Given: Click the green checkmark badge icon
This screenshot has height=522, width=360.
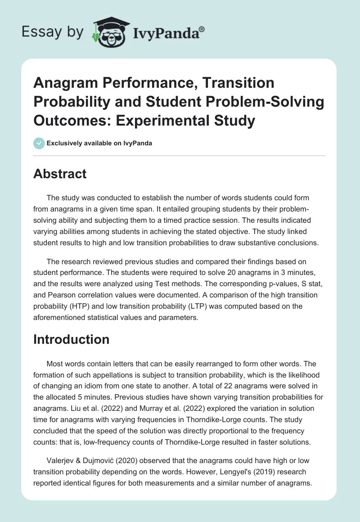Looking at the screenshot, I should tap(39, 143).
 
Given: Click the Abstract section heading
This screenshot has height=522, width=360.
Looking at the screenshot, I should tap(60, 173).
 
